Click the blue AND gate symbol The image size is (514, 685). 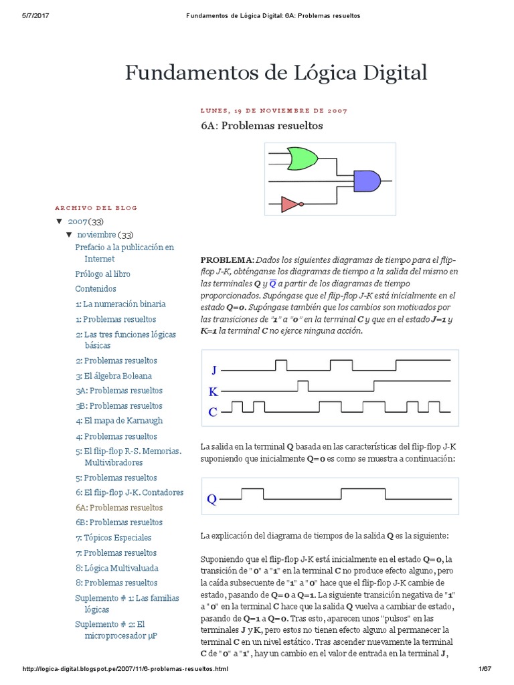click(x=367, y=180)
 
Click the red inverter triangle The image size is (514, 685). click(x=290, y=204)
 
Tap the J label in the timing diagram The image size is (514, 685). click(x=214, y=369)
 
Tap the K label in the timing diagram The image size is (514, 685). click(x=213, y=391)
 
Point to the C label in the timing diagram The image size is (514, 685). click(x=213, y=412)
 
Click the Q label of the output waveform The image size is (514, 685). click(x=211, y=498)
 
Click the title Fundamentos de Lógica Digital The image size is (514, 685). click(x=276, y=72)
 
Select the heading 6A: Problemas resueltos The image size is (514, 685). click(x=262, y=125)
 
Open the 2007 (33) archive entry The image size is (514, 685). click(x=84, y=221)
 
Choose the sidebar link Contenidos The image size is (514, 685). click(x=96, y=289)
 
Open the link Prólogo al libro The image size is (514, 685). click(x=102, y=274)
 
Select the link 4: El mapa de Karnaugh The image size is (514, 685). click(x=119, y=421)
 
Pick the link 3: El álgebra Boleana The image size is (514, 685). click(x=114, y=376)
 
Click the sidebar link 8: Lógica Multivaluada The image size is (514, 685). click(x=117, y=568)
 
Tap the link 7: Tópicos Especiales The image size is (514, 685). click(x=114, y=538)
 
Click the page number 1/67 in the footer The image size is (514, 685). click(x=485, y=669)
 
